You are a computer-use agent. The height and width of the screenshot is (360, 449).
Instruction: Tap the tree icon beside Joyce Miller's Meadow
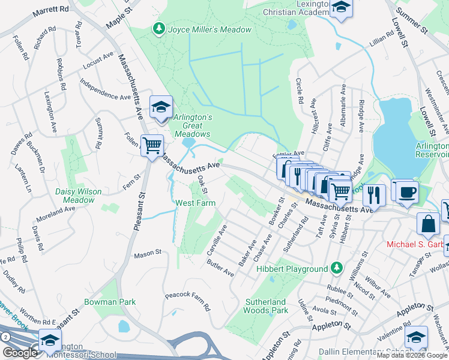158,28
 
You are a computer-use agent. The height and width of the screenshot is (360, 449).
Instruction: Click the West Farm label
195,203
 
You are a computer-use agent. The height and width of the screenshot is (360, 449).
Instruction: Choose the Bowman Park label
110,302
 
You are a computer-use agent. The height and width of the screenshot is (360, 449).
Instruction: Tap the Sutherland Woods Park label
266,306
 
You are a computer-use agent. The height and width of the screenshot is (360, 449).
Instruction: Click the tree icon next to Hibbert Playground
337,268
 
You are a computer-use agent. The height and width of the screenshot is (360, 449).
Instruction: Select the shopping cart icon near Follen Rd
152,144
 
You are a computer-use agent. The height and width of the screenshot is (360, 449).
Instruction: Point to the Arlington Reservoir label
432,150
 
